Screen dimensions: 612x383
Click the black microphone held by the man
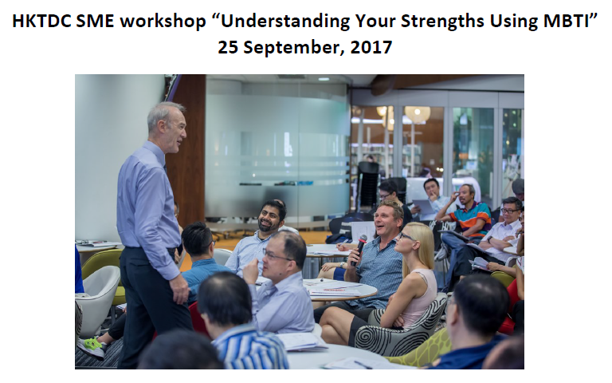point(359,249)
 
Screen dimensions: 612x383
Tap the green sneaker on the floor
point(92,346)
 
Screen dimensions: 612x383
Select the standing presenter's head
point(167,124)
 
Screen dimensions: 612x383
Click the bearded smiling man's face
point(269,218)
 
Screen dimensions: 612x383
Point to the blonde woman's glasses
point(406,236)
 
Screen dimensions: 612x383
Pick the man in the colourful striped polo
point(469,217)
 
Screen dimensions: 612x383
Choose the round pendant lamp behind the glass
point(418,114)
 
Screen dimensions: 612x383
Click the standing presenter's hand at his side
point(180,289)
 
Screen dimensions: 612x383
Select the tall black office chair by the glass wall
point(367,186)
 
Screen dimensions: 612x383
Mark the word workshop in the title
point(163,22)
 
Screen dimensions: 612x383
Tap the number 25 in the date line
point(228,47)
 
